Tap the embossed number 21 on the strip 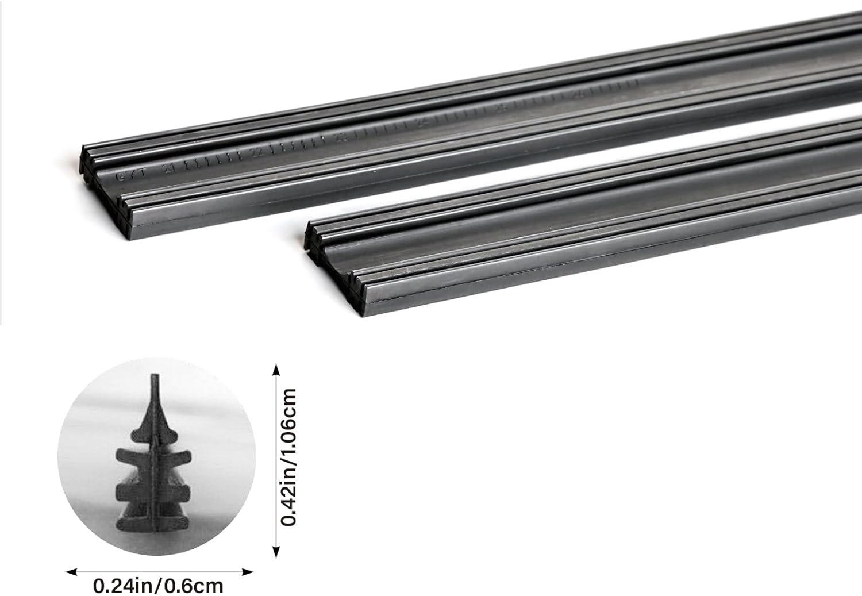(x=168, y=168)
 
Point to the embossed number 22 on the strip (x=256, y=152)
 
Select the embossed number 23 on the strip (x=341, y=137)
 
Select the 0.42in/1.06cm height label (x=289, y=457)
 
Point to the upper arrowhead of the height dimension (x=276, y=368)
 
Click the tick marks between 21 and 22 (x=213, y=160)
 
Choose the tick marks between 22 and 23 (x=299, y=144)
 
